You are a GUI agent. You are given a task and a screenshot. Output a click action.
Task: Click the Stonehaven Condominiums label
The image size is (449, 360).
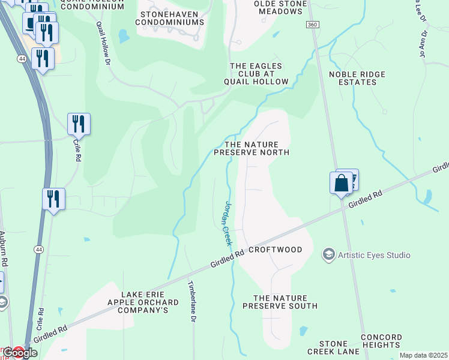(169, 17)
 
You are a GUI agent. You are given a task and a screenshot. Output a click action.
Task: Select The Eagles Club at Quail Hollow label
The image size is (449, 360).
(256, 74)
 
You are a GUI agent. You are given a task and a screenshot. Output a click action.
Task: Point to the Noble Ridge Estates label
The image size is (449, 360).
(357, 79)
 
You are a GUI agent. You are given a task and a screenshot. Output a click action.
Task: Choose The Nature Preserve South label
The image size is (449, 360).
(280, 302)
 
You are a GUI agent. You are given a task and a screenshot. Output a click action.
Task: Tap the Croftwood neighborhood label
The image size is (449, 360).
(272, 250)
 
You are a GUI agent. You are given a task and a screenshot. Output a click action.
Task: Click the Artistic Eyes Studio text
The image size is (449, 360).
(374, 255)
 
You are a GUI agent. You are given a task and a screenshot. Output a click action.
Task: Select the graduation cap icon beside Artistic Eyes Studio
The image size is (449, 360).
(328, 255)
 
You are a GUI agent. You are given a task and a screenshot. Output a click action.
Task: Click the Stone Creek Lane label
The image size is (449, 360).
(333, 347)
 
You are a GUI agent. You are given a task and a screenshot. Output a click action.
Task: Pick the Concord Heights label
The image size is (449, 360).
(381, 341)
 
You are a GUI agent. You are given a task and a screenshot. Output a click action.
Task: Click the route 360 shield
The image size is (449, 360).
(312, 25)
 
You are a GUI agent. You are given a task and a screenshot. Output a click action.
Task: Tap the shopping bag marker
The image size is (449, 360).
(341, 182)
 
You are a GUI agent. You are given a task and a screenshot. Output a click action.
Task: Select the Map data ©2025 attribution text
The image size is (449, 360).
(424, 355)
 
